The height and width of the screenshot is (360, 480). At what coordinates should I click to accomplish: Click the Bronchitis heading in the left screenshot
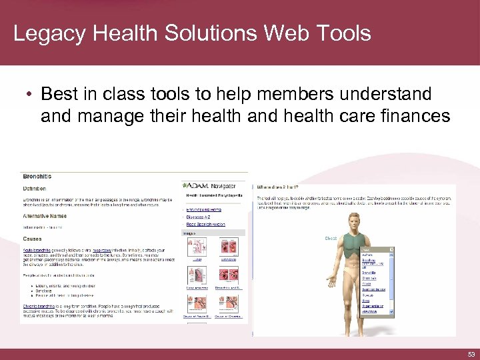[x=37, y=177]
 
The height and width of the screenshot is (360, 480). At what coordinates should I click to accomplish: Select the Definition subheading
[x=35, y=189]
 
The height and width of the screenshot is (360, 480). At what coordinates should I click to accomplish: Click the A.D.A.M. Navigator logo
[x=209, y=185]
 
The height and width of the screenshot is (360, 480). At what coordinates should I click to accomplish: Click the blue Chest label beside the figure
[x=331, y=238]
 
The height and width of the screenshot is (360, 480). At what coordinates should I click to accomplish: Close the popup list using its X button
[x=391, y=249]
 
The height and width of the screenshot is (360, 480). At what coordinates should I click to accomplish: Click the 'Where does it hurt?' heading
[x=277, y=187]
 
